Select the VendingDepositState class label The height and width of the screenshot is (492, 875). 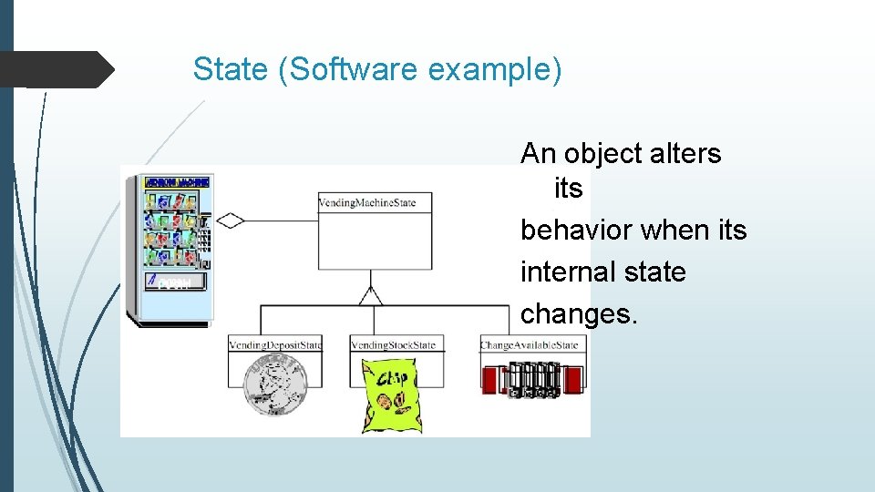pos(275,344)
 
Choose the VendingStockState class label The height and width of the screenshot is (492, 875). pos(394,344)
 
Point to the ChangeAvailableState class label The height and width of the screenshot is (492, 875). pos(530,344)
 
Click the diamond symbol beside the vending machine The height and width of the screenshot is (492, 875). pos(230,220)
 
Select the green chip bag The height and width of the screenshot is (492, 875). pos(392,395)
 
